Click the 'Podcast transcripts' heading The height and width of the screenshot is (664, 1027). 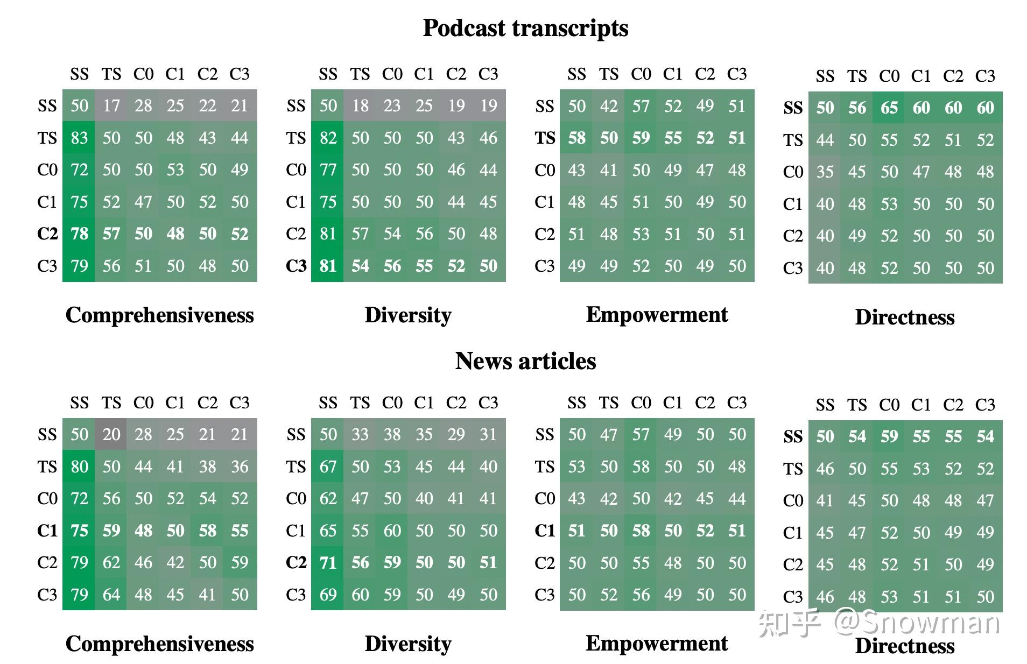pyautogui.click(x=525, y=28)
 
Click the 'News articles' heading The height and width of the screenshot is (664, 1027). pyautogui.click(x=525, y=361)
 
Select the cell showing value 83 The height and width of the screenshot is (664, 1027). pyautogui.click(x=79, y=138)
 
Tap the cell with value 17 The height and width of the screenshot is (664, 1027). pyautogui.click(x=111, y=105)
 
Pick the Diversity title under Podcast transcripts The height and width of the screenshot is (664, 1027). pyautogui.click(x=408, y=315)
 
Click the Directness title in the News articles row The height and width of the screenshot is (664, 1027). pyautogui.click(x=904, y=646)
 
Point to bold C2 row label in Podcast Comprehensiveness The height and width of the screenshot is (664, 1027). pyautogui.click(x=47, y=234)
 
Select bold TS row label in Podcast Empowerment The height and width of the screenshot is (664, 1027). pyautogui.click(x=545, y=138)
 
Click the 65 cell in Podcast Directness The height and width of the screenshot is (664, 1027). pyautogui.click(x=889, y=108)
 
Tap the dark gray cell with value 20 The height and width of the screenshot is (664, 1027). pyautogui.click(x=111, y=434)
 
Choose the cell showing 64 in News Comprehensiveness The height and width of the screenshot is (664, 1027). pyautogui.click(x=111, y=595)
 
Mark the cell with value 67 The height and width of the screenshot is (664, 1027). pyautogui.click(x=328, y=467)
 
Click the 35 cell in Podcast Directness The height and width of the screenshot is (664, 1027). pyautogui.click(x=825, y=172)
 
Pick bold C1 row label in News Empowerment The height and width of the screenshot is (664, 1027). pyautogui.click(x=545, y=531)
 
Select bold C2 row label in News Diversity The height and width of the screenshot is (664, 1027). pyautogui.click(x=296, y=562)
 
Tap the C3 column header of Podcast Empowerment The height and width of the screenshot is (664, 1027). pyautogui.click(x=737, y=74)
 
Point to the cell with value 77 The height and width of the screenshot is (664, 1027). pyautogui.click(x=328, y=170)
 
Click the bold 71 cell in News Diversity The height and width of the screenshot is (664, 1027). pyautogui.click(x=328, y=562)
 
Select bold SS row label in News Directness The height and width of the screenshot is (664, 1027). pyautogui.click(x=793, y=436)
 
